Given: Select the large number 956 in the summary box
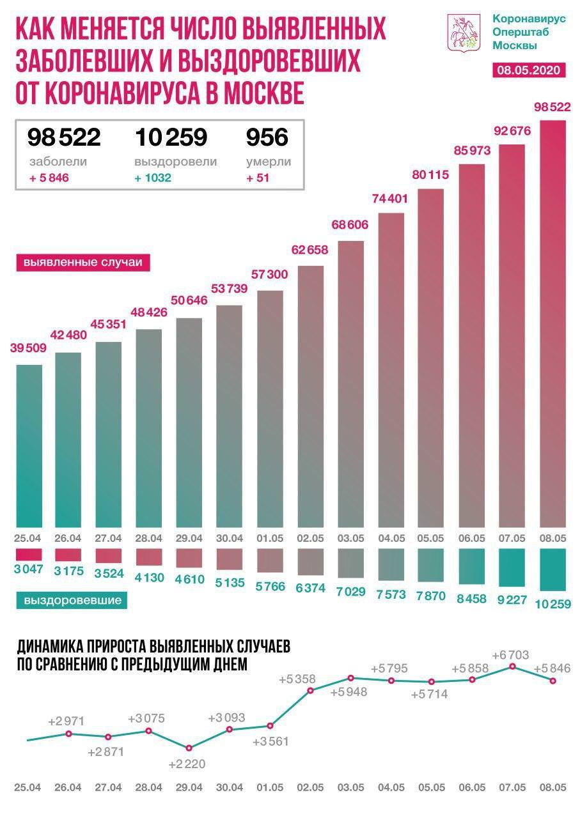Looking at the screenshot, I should (267, 137).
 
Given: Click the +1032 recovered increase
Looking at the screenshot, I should (153, 178).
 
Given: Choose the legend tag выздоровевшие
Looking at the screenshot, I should (72, 600).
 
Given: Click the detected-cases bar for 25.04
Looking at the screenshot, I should (28, 445).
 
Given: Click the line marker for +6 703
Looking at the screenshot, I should (513, 667).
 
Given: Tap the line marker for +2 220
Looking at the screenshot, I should (189, 748).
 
